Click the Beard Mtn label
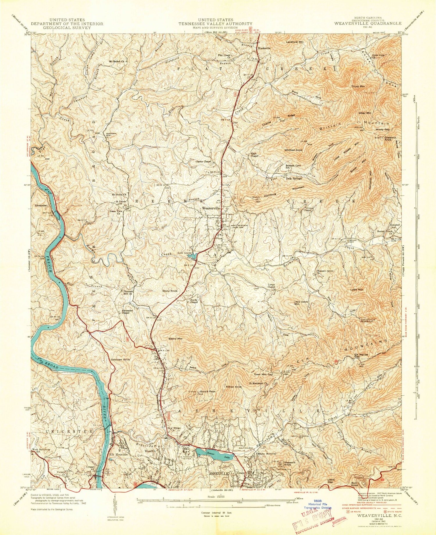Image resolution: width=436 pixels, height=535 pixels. tap(176, 339)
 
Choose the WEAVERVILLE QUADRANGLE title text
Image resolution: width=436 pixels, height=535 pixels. tap(368, 23)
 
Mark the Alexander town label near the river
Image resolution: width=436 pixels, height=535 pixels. tap(41, 205)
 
